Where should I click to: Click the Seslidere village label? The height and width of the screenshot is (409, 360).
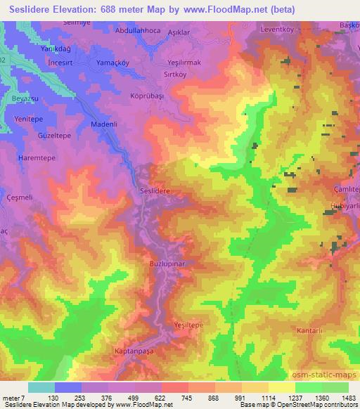tap(155, 190)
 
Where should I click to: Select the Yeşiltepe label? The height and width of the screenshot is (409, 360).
tap(188, 325)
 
